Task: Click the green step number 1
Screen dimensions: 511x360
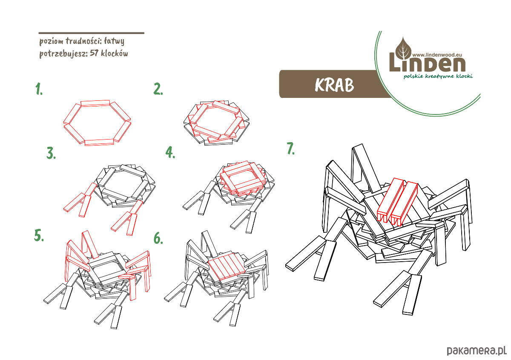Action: [x=39, y=89]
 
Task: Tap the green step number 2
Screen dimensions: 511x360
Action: [x=158, y=89]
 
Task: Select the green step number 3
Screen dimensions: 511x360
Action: [x=51, y=153]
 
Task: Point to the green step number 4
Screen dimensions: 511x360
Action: [x=170, y=152]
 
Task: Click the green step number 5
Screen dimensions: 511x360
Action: [x=39, y=235]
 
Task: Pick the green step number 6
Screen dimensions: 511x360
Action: [x=158, y=238]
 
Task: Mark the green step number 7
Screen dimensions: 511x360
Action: [x=290, y=149]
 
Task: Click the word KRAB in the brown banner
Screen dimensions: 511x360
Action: [x=334, y=85]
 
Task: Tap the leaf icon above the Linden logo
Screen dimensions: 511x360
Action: [x=403, y=48]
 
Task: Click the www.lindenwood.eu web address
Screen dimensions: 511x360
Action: [x=437, y=55]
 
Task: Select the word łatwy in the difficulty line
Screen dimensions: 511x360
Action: [x=114, y=41]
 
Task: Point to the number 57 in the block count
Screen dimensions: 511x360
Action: [x=94, y=53]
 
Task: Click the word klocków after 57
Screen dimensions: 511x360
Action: [x=115, y=53]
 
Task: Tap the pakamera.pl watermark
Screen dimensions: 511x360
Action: [x=477, y=350]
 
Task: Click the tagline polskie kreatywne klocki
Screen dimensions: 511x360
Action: [x=438, y=76]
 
